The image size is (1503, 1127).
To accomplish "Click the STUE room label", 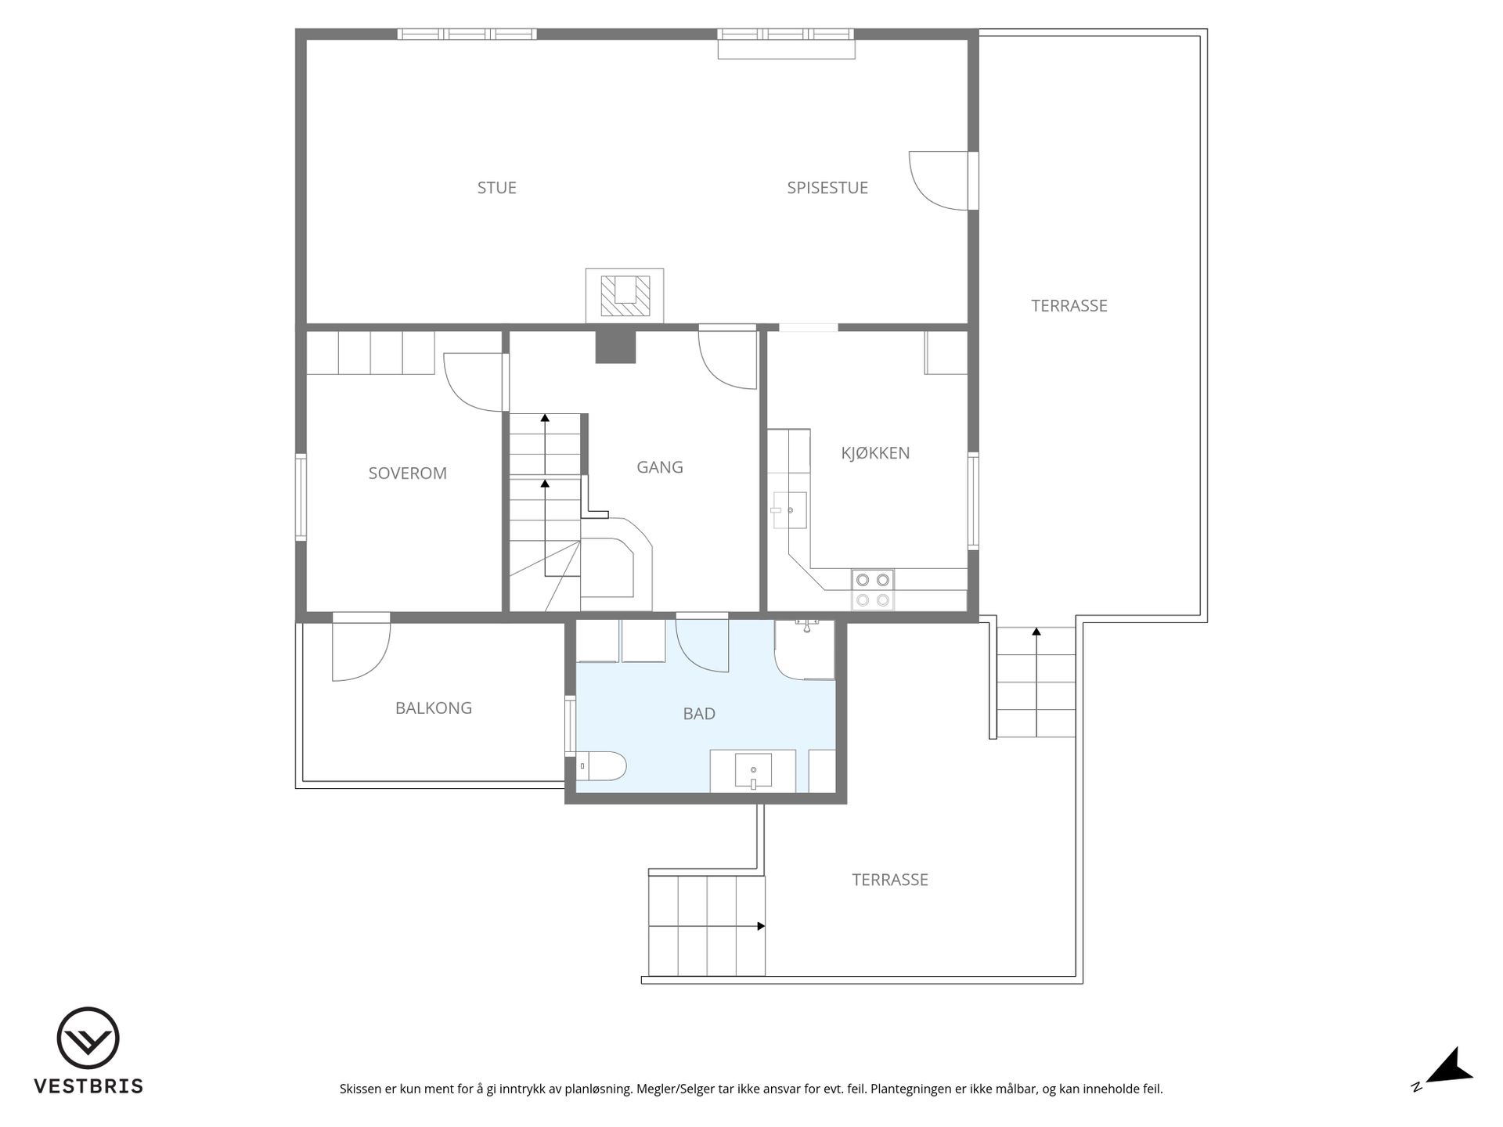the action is (x=496, y=188).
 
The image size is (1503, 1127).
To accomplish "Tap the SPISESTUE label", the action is (x=827, y=188).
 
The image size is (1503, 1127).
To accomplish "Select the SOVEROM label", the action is (x=407, y=473).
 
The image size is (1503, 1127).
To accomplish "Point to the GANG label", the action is (x=659, y=467).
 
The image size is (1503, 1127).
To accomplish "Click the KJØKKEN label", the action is (x=875, y=453).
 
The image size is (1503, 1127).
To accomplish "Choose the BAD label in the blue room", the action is (x=699, y=714).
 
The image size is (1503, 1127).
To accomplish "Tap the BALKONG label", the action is (x=433, y=708).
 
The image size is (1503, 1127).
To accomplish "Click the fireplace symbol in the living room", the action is (x=625, y=296).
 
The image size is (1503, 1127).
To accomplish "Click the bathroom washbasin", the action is (x=753, y=771).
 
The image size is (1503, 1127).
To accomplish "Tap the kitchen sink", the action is (x=789, y=511).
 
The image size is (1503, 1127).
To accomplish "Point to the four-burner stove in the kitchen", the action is (x=873, y=590).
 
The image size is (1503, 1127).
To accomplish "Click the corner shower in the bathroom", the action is (x=805, y=650).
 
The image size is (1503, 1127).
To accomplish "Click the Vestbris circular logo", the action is (x=88, y=1038).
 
